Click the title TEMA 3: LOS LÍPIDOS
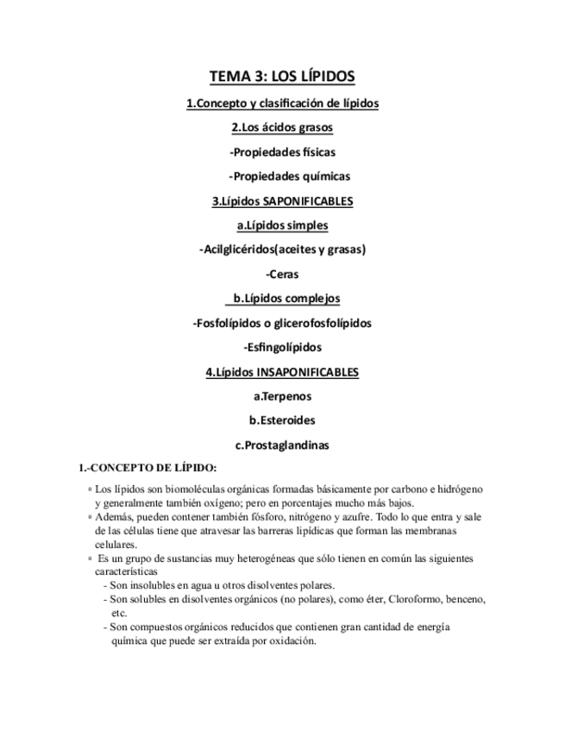coord(282,77)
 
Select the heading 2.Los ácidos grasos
coord(282,128)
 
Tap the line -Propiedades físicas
coord(282,152)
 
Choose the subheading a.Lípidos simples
coord(282,225)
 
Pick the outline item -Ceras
coord(282,274)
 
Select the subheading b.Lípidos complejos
coord(284,299)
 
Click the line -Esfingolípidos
coord(282,348)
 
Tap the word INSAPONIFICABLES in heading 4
coord(308,372)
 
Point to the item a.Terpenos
coord(282,397)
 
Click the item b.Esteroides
coord(282,421)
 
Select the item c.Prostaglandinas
coord(282,445)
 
